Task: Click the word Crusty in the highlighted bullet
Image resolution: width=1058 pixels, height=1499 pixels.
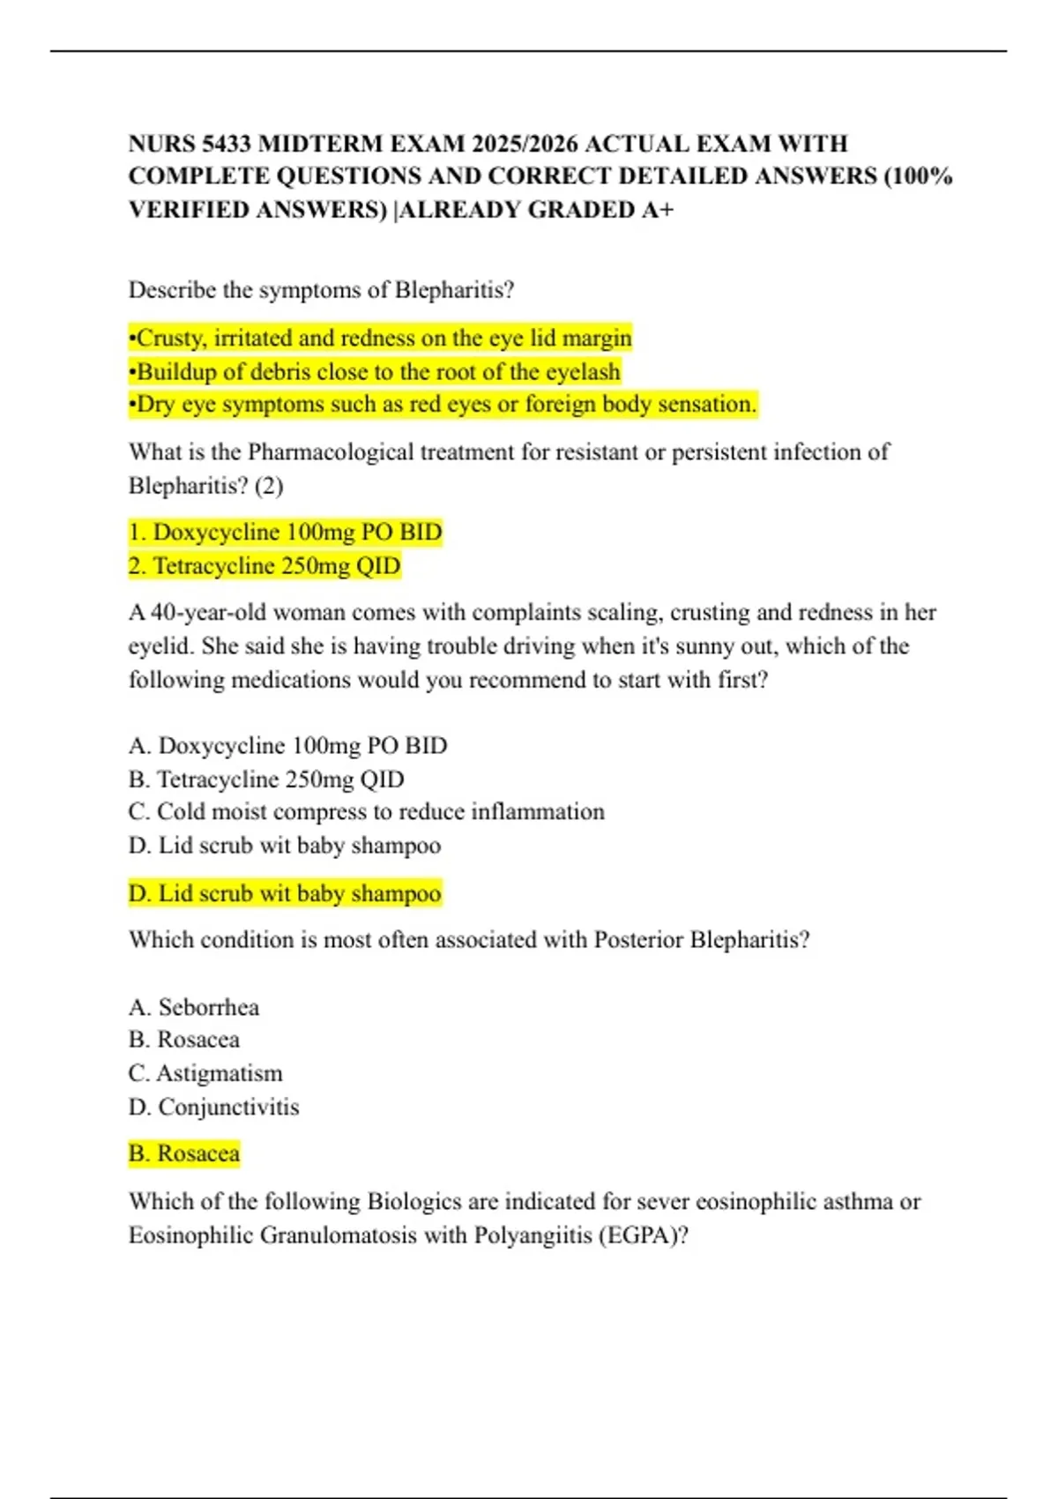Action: tap(171, 339)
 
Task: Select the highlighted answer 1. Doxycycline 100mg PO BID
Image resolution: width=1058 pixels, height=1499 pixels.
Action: tap(285, 533)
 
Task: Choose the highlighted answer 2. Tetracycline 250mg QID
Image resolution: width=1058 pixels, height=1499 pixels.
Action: tap(264, 566)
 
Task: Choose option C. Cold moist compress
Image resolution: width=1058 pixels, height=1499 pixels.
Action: tap(366, 812)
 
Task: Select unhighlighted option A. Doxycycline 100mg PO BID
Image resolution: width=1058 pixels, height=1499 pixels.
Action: tap(287, 746)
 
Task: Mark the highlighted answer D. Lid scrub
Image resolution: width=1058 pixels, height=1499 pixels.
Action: tap(284, 894)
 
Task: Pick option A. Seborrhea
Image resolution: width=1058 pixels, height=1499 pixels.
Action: tap(193, 1007)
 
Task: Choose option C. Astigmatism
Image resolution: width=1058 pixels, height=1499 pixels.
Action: tap(205, 1074)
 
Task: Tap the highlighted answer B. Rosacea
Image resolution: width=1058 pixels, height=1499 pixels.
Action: tap(183, 1154)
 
